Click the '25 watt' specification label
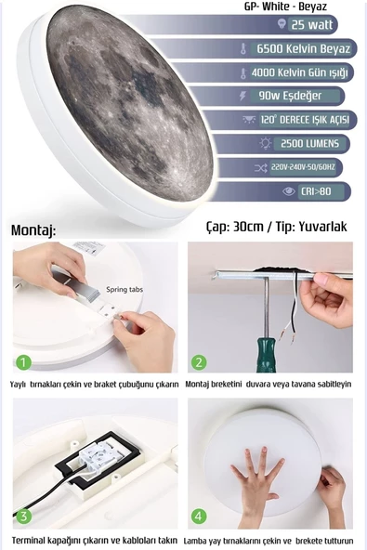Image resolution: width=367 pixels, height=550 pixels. (312, 24)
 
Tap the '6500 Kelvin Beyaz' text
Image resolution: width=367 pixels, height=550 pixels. (304, 48)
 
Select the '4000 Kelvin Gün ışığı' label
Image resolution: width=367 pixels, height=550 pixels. (299, 72)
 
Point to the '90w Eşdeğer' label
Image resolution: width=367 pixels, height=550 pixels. (290, 96)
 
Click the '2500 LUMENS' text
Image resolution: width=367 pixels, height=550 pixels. (309, 143)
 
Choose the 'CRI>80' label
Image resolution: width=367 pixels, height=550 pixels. (316, 191)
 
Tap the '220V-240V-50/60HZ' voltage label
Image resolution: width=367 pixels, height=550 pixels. (303, 167)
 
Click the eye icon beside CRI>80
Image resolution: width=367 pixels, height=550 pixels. (289, 191)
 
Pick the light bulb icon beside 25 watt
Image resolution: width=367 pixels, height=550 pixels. (282, 24)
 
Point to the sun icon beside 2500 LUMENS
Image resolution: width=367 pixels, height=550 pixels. (265, 143)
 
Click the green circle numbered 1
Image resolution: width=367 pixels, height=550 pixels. (23, 362)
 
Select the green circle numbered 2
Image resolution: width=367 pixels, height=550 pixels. (199, 362)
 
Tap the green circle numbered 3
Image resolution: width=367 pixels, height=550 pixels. (23, 516)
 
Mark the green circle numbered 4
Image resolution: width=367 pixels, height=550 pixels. (199, 516)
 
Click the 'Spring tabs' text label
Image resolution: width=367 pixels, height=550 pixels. (125, 290)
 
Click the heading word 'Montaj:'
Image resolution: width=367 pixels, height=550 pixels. (33, 230)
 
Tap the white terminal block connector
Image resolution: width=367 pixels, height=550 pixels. (97, 455)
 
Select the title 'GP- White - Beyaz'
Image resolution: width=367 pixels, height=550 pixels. (285, 7)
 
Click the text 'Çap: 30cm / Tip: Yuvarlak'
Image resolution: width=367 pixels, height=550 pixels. (277, 227)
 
